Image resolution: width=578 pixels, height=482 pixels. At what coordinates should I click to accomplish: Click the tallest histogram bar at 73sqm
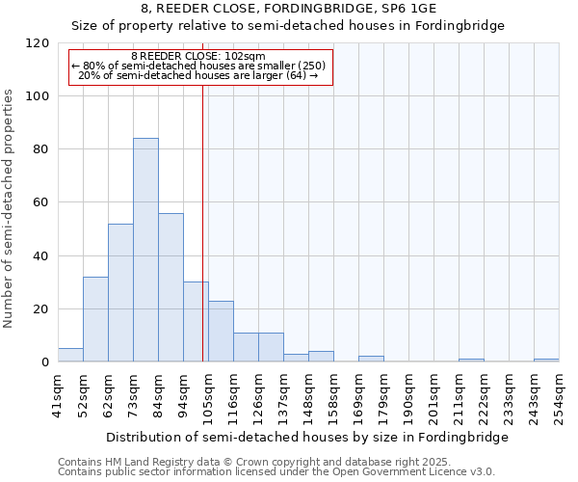coord(145,251)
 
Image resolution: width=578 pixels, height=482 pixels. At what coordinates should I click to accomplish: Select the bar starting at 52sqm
coord(95,319)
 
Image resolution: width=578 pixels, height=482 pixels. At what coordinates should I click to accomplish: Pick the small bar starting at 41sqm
coord(70,355)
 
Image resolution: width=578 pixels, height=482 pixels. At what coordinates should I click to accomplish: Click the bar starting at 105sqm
coord(221,332)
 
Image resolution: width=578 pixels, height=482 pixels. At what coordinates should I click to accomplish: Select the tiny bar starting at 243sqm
coord(546,361)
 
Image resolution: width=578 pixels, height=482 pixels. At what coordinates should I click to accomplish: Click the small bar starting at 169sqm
coord(371,359)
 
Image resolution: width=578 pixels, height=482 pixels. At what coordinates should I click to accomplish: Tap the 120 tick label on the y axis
coord(39,43)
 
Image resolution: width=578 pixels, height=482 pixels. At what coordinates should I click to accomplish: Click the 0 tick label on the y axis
coord(45,362)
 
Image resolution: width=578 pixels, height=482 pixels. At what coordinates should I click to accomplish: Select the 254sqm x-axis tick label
coord(559,395)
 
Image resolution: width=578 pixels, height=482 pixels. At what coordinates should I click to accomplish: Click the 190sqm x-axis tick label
coord(408,395)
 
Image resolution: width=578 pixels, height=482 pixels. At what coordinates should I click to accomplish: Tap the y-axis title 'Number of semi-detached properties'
coord(9,208)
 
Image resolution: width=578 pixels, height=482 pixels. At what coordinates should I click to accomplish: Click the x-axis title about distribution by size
coord(306,437)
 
